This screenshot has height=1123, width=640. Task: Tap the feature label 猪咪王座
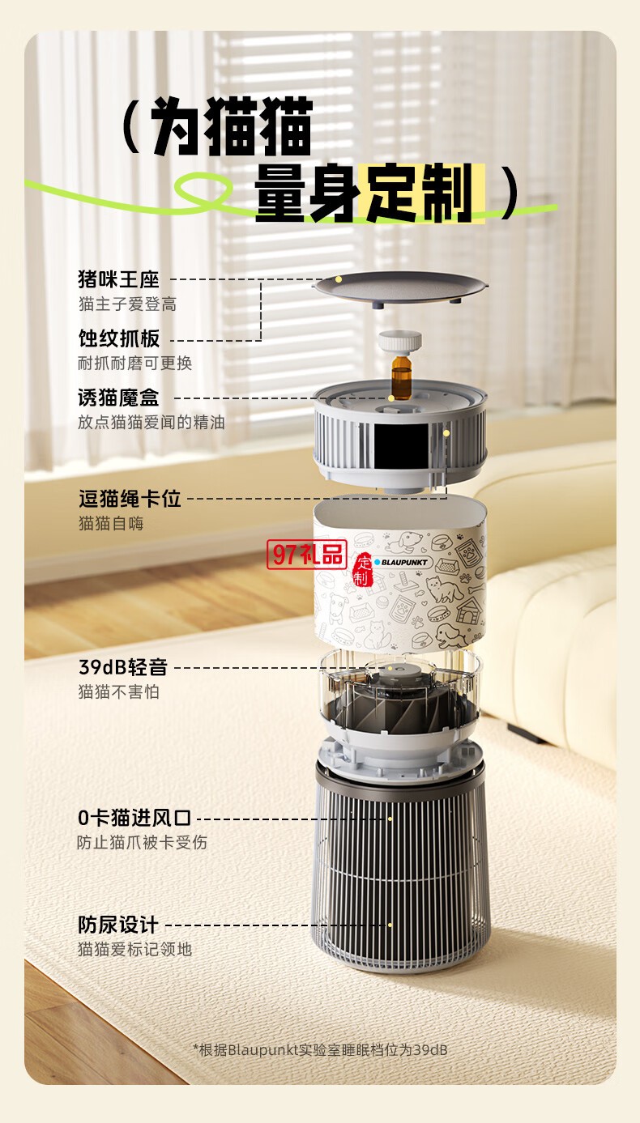[x=118, y=279]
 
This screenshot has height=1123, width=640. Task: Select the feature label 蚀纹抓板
[x=118, y=338]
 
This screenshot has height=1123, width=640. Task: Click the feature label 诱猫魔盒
[x=118, y=398]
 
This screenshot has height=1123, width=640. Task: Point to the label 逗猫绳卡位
[x=130, y=498]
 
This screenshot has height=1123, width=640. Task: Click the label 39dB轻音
[x=122, y=667]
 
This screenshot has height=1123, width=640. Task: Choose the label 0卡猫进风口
[x=134, y=818]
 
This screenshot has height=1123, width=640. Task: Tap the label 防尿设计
[x=118, y=924]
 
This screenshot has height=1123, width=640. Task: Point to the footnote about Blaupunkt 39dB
[x=320, y=1050]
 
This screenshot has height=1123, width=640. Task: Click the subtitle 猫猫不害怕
[x=118, y=692]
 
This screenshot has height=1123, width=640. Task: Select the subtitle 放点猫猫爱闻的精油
[x=151, y=423]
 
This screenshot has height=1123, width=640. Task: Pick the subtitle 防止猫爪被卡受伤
[x=142, y=843]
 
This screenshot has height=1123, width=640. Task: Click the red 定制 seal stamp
[x=361, y=570]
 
